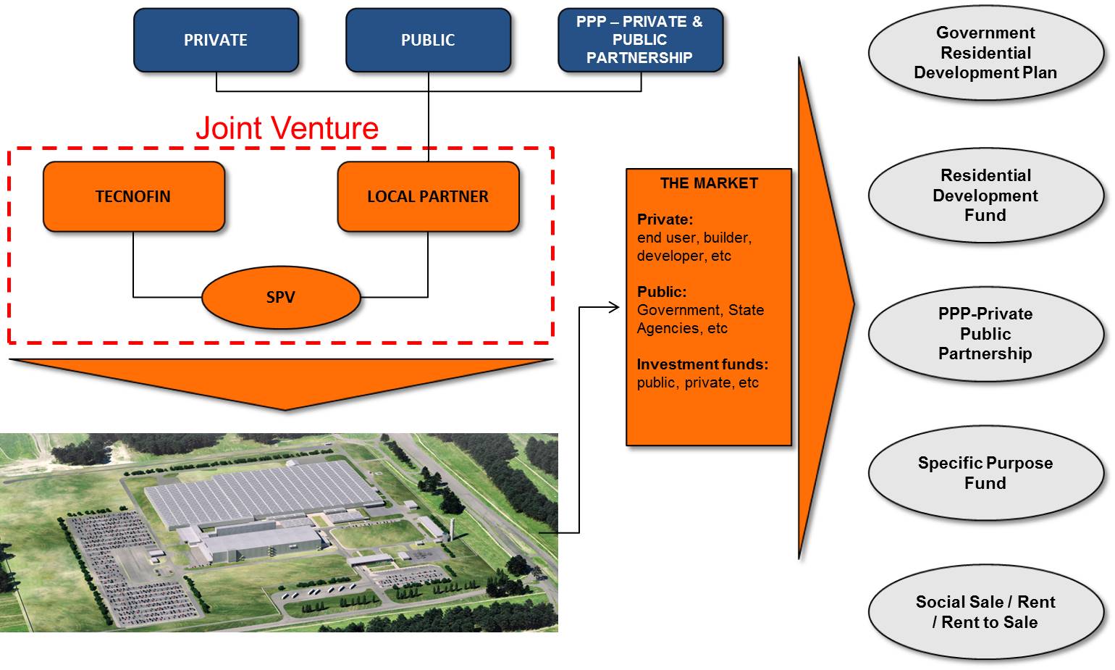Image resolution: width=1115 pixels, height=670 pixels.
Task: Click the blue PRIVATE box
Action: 216,40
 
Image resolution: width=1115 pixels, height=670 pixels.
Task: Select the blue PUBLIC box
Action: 428,40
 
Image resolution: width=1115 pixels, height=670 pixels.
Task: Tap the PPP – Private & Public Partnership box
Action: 640,40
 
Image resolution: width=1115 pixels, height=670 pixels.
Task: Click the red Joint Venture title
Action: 287,128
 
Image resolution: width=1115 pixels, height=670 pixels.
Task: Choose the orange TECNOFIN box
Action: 133,196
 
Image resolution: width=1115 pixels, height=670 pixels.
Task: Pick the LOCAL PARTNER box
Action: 428,196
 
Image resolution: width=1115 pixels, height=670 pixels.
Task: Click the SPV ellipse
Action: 281,298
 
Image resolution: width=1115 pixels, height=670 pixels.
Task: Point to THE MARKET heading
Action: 709,183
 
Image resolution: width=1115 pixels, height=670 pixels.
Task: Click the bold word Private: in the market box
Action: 665,219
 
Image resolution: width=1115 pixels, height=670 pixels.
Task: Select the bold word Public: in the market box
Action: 662,291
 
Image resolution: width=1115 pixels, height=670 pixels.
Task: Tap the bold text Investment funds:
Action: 702,364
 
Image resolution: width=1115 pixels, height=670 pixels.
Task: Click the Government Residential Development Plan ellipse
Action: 985,52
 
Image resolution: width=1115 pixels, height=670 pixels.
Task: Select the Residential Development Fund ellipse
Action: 985,196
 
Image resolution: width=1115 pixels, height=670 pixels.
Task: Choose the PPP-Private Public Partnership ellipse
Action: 985,334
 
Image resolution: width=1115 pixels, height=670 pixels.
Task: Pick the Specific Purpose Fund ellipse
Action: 985,473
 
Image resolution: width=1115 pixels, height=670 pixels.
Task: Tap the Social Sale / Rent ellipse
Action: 985,612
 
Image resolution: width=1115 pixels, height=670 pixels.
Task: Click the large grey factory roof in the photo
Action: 264,490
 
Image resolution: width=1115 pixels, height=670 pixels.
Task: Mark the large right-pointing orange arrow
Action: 821,306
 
